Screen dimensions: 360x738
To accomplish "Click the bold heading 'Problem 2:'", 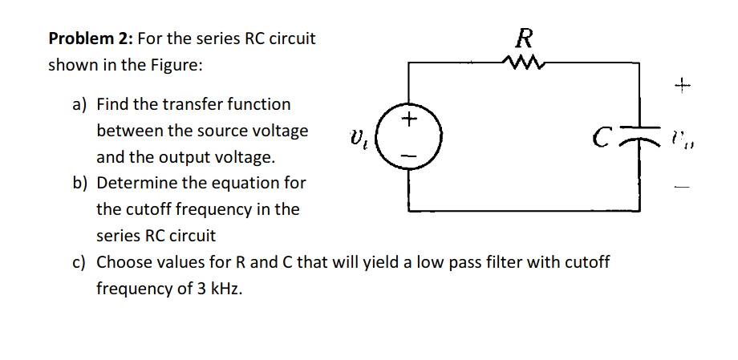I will pyautogui.click(x=90, y=38).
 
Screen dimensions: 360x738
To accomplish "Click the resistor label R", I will pyautogui.click(x=525, y=37).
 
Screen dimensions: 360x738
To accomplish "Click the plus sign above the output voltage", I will pyautogui.click(x=682, y=83).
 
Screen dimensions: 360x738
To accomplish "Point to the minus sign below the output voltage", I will pyautogui.click(x=682, y=189).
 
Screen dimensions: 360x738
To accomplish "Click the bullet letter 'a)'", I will pyautogui.click(x=81, y=104).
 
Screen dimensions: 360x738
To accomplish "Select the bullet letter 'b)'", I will pyautogui.click(x=81, y=183).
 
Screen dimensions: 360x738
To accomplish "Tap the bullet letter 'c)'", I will pyautogui.click(x=80, y=262).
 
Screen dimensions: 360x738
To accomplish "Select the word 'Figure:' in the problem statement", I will pyautogui.click(x=176, y=65).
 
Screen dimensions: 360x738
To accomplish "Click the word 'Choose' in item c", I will pyautogui.click(x=124, y=262).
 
